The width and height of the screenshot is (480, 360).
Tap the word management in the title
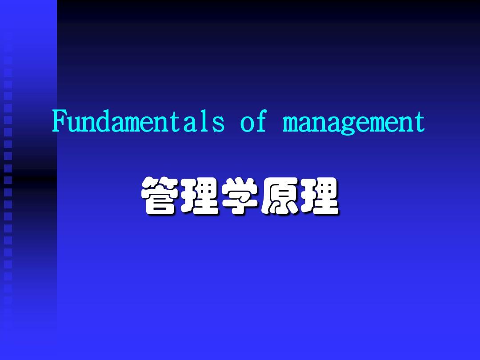354,122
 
